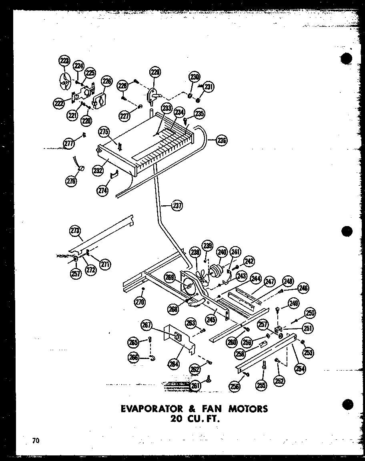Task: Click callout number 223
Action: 64,61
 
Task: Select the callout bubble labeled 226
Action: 106,82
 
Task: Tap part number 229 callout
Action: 155,72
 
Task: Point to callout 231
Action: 209,86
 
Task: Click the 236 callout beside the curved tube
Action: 221,140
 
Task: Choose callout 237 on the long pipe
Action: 176,206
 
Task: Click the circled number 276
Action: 71,181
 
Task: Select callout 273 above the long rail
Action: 75,230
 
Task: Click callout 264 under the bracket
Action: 174,364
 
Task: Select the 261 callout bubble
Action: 195,385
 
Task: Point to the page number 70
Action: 36,441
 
